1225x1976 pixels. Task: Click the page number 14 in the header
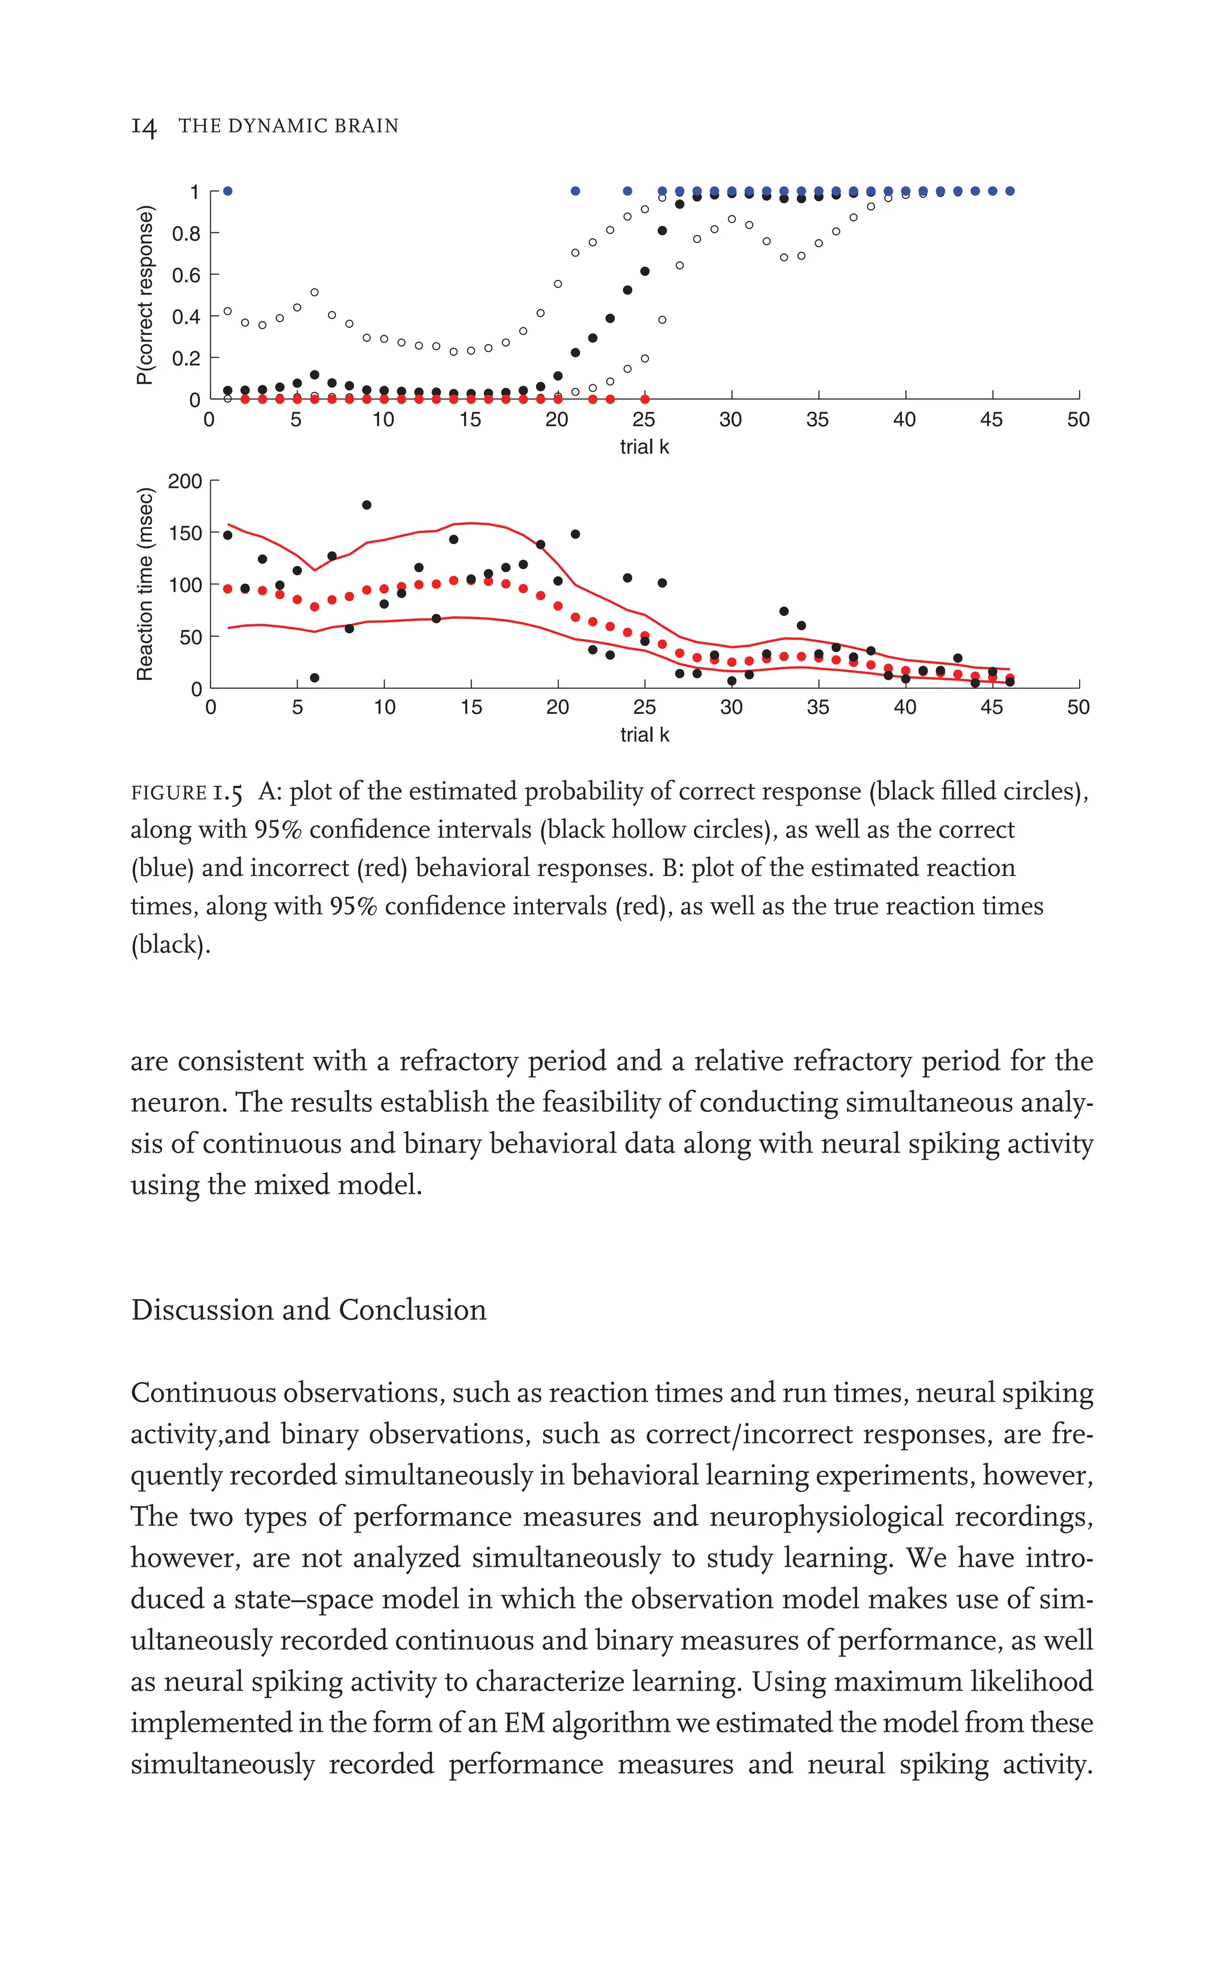tap(144, 126)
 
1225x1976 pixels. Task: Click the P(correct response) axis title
tap(144, 295)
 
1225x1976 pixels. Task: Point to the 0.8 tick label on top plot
tap(185, 233)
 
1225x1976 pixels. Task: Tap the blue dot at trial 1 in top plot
tap(228, 191)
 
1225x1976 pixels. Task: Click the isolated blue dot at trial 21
tap(575, 191)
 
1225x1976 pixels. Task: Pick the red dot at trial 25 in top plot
tap(645, 400)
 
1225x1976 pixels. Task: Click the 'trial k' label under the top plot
tap(644, 446)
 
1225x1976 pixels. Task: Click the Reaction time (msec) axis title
tap(144, 583)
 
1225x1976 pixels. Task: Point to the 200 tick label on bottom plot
tap(185, 482)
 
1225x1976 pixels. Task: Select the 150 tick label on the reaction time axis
tap(185, 533)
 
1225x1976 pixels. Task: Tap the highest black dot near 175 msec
tap(366, 505)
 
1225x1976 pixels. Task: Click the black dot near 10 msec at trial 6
tap(315, 677)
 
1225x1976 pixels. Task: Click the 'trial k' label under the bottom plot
tap(644, 734)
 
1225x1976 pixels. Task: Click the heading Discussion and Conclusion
tap(309, 1310)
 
